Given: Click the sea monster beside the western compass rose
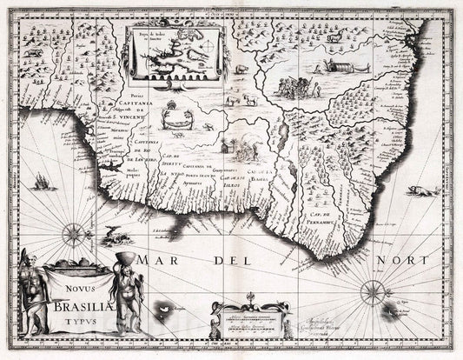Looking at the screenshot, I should point(110,232).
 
